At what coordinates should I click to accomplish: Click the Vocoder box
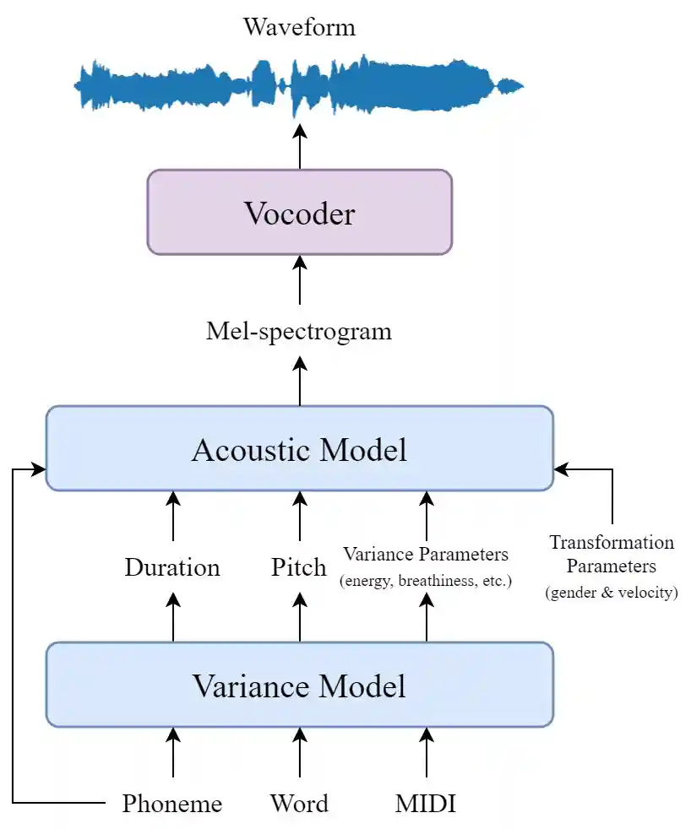pos(299,213)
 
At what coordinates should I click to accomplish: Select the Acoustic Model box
pos(299,449)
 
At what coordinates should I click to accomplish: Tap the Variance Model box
pos(299,685)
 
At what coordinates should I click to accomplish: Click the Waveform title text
pos(299,27)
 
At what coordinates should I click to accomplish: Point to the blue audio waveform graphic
pos(299,85)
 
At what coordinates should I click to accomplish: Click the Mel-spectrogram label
pos(299,331)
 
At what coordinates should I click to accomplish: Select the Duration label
pos(172,567)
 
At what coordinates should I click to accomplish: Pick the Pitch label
pos(299,567)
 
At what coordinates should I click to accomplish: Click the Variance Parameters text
pos(426,555)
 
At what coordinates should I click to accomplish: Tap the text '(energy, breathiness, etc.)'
pos(426,581)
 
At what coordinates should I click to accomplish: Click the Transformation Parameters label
pos(612,554)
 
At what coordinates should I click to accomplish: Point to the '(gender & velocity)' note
pos(612,593)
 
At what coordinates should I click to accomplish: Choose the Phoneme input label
pos(172,804)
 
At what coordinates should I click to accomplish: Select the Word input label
pos(299,804)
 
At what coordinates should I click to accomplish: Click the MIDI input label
pos(426,804)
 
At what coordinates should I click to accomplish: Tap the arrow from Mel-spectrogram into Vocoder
pos(299,280)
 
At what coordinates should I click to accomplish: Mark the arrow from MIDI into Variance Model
pos(426,753)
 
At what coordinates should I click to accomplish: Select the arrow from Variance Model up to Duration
pos(172,616)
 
